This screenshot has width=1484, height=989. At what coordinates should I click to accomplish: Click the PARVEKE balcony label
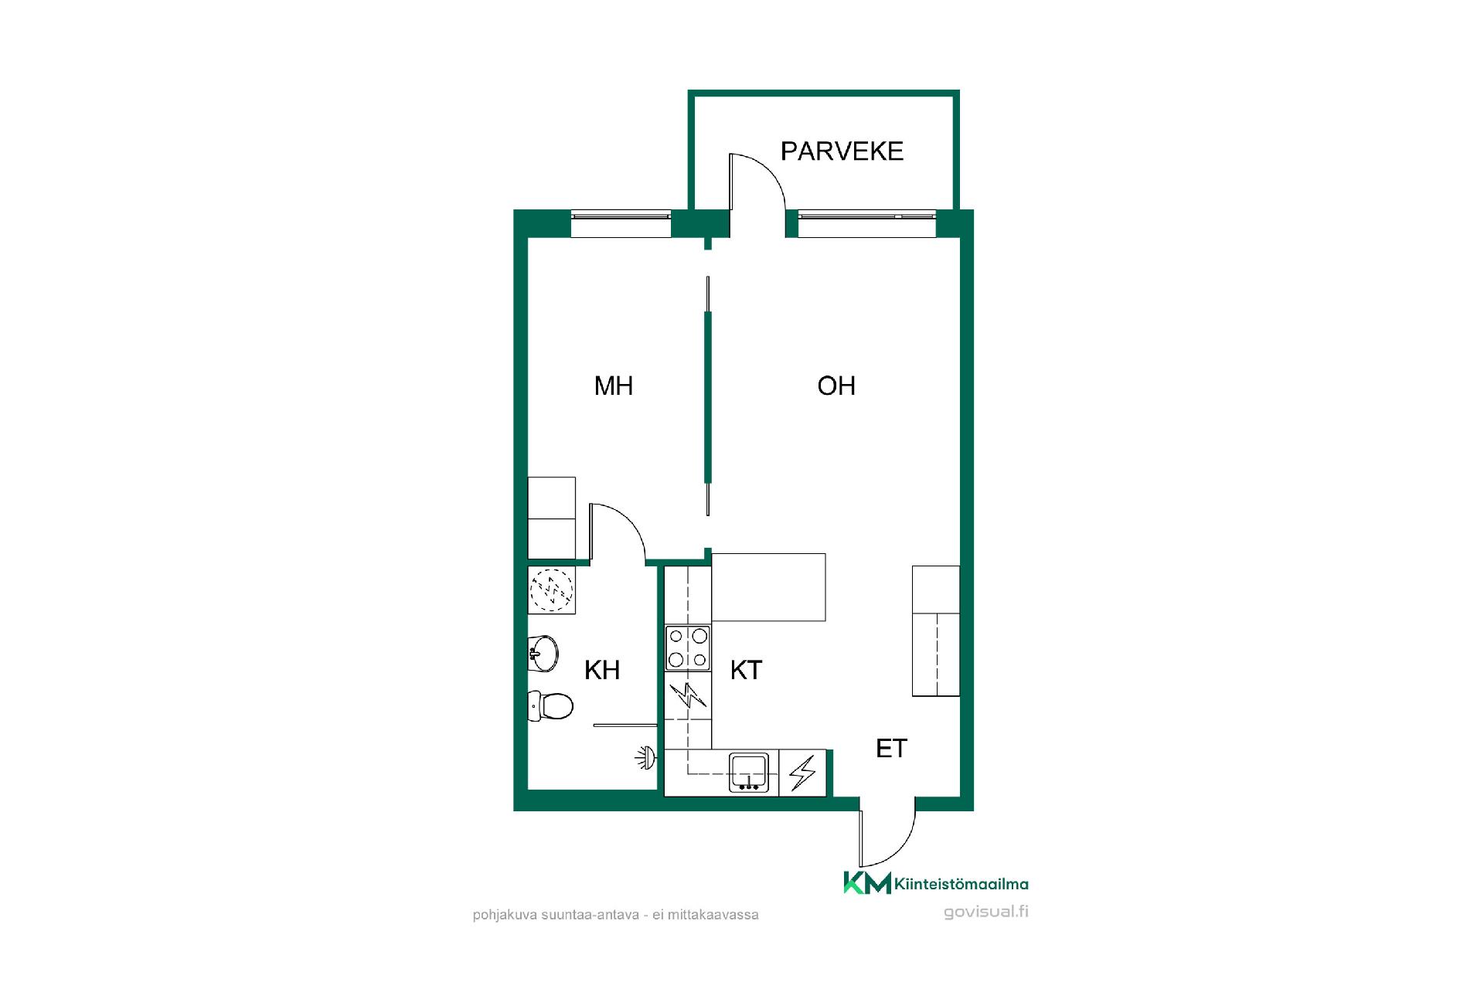tap(842, 151)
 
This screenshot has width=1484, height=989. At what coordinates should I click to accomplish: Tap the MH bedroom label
tap(614, 386)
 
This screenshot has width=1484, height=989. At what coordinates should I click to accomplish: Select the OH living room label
tap(836, 386)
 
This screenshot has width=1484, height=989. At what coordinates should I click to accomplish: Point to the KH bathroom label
tap(602, 670)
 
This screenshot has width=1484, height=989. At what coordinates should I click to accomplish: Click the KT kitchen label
tap(746, 670)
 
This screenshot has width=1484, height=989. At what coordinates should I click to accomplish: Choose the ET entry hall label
tap(891, 748)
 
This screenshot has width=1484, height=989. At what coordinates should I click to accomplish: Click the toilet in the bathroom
tap(550, 705)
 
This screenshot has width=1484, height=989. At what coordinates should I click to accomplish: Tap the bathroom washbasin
tap(543, 654)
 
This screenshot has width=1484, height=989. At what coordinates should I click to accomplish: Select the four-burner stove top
tap(688, 647)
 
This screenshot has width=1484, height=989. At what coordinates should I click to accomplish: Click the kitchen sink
tap(749, 773)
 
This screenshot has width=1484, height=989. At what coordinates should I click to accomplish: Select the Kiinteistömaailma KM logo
tap(935, 883)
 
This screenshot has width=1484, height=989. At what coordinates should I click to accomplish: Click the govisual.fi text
tap(986, 912)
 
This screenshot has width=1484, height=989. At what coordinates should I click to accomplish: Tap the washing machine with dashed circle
tap(552, 590)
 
